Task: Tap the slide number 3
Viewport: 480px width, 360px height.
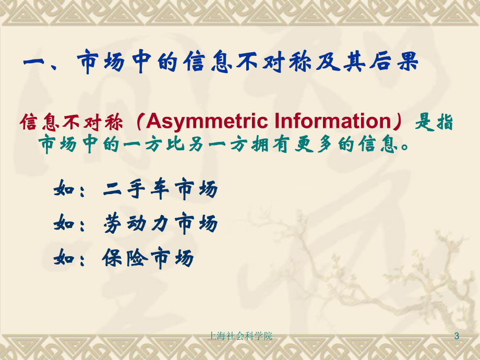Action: coord(457,336)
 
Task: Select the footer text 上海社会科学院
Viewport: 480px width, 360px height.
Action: coord(240,336)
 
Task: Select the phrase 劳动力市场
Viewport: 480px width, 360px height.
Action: coord(160,224)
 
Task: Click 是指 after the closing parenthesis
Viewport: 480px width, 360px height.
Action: coord(433,122)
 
